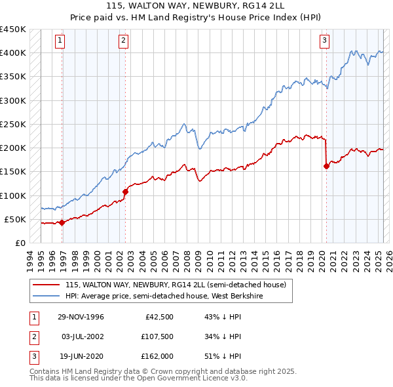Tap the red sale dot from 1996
[62, 222]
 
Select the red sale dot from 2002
[125, 192]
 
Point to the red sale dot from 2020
[326, 166]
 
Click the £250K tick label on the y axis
[13, 124]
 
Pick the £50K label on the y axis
[16, 219]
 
